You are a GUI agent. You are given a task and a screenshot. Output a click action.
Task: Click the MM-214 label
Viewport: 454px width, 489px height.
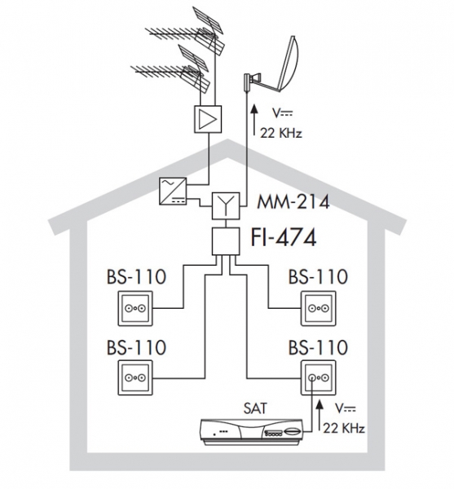(293, 202)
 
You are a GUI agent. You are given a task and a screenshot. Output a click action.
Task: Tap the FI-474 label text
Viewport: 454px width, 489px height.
(284, 238)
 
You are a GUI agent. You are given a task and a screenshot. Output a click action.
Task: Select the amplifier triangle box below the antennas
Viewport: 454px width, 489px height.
(208, 119)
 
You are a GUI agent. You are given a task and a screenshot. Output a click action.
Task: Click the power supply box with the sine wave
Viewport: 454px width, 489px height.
(173, 192)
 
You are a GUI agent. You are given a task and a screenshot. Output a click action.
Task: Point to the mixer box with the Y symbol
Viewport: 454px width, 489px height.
(226, 206)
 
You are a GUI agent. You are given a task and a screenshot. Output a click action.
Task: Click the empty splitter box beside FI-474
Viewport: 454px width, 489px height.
(226, 241)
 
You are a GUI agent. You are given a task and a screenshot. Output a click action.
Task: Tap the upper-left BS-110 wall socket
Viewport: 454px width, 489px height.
(135, 308)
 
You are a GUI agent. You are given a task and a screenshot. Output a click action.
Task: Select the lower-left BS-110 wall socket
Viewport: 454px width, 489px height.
(135, 378)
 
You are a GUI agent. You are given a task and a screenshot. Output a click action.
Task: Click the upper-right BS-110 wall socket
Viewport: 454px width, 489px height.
(319, 308)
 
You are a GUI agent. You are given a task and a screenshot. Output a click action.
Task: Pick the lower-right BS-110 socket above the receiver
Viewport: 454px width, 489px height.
(319, 378)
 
